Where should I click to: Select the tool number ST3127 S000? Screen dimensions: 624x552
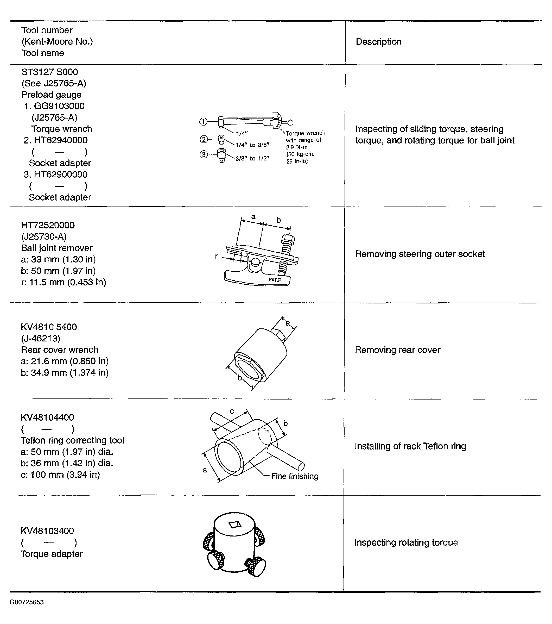[49, 72]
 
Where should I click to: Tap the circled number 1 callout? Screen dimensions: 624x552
[203, 122]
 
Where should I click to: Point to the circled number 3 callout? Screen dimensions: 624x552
[204, 154]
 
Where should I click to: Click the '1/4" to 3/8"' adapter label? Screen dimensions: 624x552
[252, 145]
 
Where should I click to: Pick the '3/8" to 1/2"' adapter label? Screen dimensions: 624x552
[252, 158]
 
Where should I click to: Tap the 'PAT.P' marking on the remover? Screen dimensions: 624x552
[275, 280]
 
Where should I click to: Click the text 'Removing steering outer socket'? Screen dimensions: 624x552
[420, 254]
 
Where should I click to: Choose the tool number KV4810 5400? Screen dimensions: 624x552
[49, 327]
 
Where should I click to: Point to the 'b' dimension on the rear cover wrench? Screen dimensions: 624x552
[240, 378]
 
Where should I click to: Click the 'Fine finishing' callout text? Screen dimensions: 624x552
[294, 476]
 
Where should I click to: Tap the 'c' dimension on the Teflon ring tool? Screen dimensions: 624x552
[232, 411]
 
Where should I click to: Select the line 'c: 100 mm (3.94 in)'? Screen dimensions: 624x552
[60, 475]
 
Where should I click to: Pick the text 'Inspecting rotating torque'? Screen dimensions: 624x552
[406, 542]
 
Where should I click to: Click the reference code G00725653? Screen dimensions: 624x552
[27, 602]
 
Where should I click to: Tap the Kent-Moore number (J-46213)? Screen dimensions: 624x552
[41, 338]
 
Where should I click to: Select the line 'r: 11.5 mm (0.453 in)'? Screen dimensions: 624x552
[64, 282]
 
